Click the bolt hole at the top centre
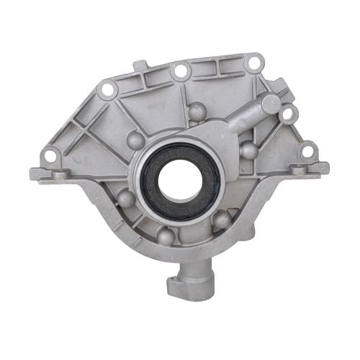tap(180, 70)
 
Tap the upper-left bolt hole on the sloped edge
tap(108, 90)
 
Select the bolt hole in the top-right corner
tap(253, 63)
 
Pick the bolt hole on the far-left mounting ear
tap(50, 155)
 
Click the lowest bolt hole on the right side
tap(307, 152)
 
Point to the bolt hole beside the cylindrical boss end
tap(287, 114)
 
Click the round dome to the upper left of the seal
tap(135, 140)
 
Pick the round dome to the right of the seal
tap(248, 150)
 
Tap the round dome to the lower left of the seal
tap(126, 199)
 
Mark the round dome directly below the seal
tap(166, 235)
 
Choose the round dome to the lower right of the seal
tap(222, 219)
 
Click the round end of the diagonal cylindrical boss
tap(271, 104)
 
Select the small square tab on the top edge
tap(139, 67)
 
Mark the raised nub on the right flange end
tap(321, 168)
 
